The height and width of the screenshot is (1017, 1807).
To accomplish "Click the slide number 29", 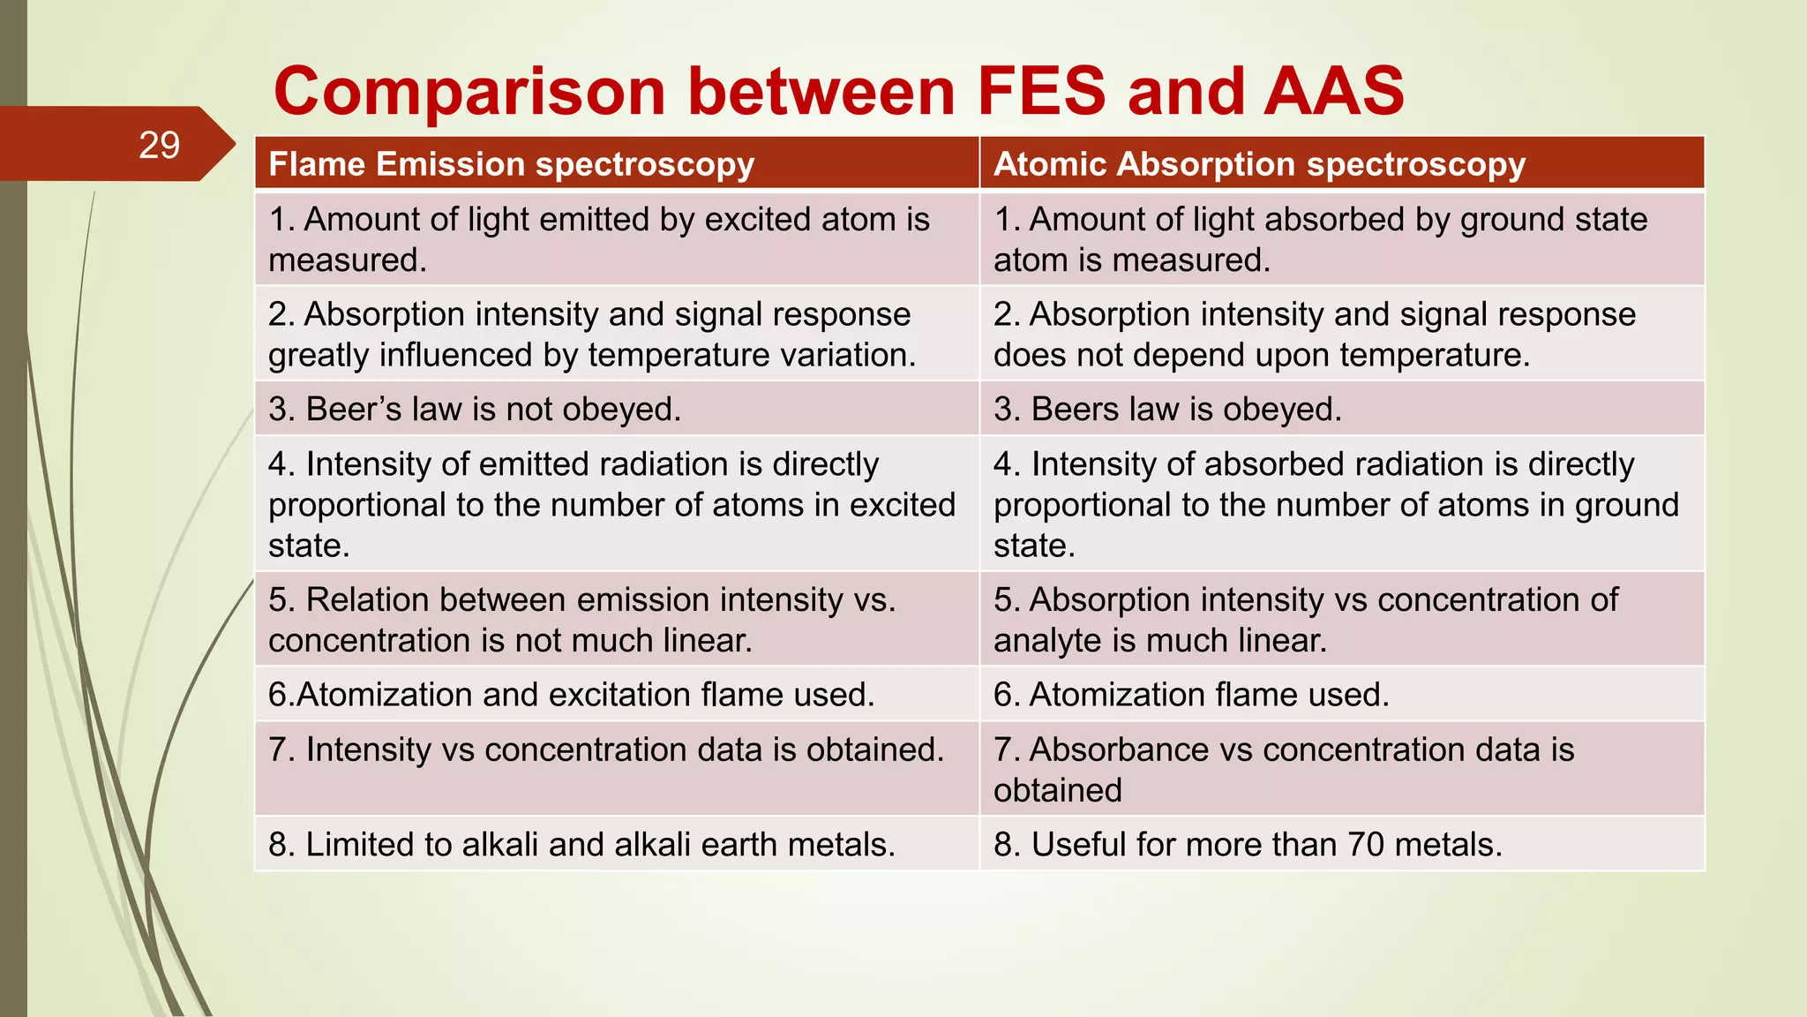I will pyautogui.click(x=159, y=145).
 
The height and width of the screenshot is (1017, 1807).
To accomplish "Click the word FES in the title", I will pyautogui.click(x=1041, y=91).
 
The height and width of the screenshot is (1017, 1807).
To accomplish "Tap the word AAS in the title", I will pyautogui.click(x=1333, y=91).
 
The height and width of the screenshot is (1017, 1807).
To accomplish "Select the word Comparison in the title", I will pyautogui.click(x=469, y=93).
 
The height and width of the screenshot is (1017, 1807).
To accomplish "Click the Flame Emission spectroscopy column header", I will pyautogui.click(x=511, y=164).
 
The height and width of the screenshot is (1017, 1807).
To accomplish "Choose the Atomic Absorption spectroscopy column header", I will pyautogui.click(x=1259, y=164).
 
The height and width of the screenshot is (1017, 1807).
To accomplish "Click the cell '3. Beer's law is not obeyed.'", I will pyautogui.click(x=475, y=409).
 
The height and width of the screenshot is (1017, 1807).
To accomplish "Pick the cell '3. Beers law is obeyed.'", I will pyautogui.click(x=1166, y=409).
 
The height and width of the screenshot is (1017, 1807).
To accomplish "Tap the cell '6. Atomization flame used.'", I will pyautogui.click(x=1191, y=695).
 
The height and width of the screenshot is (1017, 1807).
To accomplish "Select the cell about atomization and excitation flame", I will pyautogui.click(x=571, y=695).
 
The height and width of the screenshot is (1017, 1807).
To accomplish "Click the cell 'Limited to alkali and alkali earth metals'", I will pyautogui.click(x=581, y=845).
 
